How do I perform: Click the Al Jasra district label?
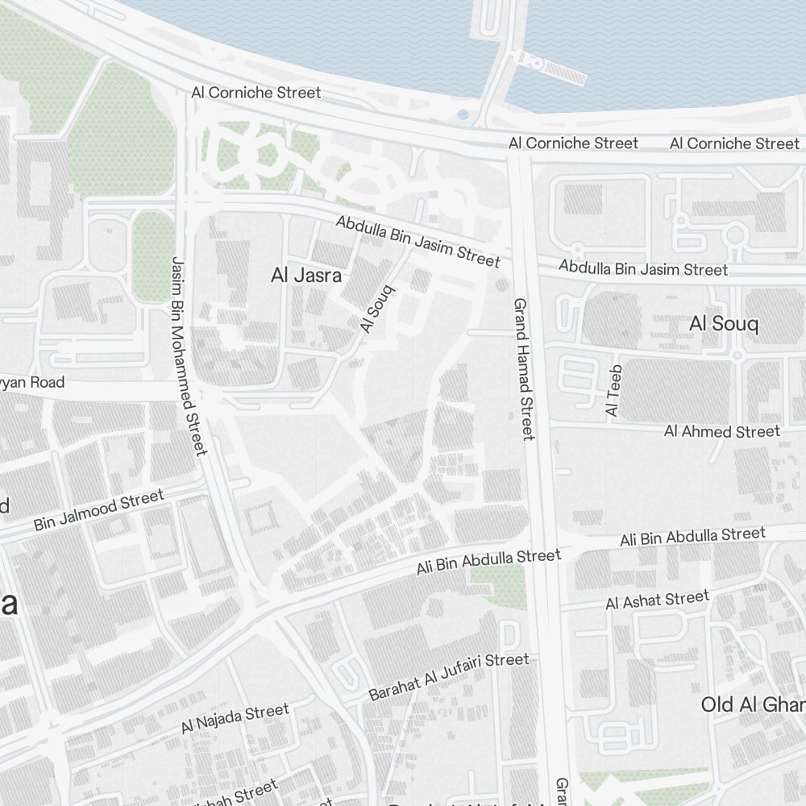click(x=306, y=276)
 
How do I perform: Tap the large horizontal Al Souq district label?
click(x=724, y=324)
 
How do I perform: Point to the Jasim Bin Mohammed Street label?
click(x=189, y=355)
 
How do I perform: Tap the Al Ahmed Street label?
click(x=721, y=432)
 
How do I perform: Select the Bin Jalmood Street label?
click(x=98, y=510)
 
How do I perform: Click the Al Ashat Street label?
click(x=657, y=600)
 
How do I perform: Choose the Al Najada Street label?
click(x=235, y=719)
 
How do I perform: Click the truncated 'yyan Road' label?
click(x=32, y=382)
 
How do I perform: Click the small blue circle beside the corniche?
click(x=463, y=114)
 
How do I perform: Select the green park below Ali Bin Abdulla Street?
click(x=498, y=584)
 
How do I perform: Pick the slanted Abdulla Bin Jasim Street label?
click(x=418, y=241)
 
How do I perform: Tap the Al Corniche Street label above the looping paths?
click(x=256, y=93)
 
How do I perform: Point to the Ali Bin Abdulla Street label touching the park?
click(x=488, y=561)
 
